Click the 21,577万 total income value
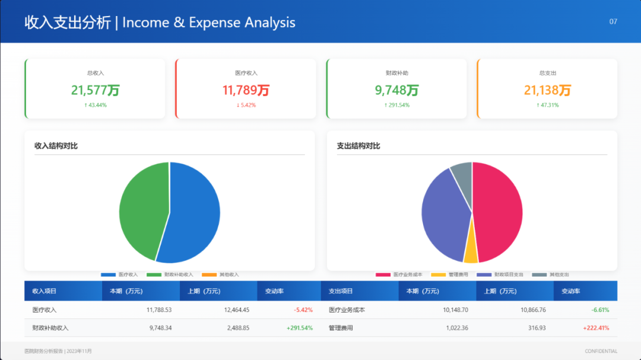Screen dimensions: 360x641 pos(96,90)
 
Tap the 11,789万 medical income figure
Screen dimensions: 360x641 pos(246,90)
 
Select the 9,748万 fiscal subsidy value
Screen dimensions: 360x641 pos(397,90)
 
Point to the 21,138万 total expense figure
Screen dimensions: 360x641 pos(547,90)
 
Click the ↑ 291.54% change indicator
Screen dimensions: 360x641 pos(397,105)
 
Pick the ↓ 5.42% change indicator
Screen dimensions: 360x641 pos(246,105)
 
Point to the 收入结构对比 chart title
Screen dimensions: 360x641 pos(56,146)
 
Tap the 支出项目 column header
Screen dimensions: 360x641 pos(341,291)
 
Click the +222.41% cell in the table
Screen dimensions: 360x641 pos(596,328)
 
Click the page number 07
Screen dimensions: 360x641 pos(613,21)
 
